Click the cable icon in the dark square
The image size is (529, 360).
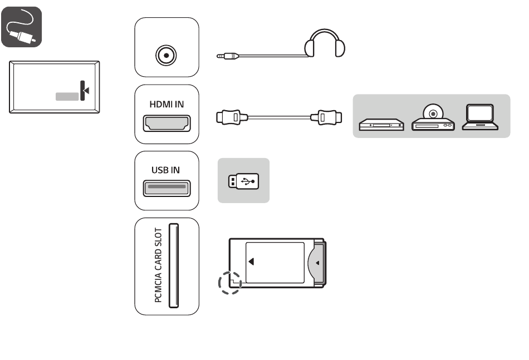point(21,27)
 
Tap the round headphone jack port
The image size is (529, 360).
point(166,55)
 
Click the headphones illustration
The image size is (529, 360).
point(325,43)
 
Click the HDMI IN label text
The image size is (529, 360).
point(166,104)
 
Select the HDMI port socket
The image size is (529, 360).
point(166,123)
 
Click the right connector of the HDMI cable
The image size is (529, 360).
point(326,117)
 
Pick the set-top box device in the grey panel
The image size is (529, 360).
point(381,125)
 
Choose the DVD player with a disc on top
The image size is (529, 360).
point(433,117)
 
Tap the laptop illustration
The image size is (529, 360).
point(480,117)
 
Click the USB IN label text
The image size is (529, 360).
point(165,170)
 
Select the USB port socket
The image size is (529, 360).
point(166,189)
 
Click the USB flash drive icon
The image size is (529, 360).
point(243,181)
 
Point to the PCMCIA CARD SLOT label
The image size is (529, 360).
point(158,265)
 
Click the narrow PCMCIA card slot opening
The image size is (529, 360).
point(173,265)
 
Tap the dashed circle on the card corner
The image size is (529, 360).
point(230,283)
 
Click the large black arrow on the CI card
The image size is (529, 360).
point(251,262)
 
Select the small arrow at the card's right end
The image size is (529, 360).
point(317,263)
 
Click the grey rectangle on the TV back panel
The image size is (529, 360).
point(67,96)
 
